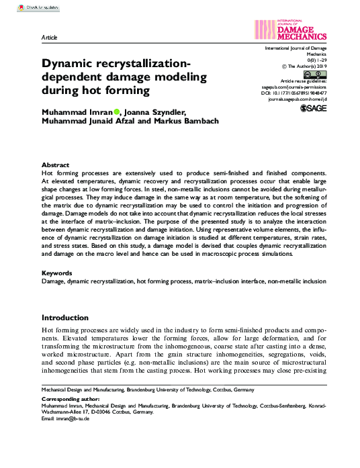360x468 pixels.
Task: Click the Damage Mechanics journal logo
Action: coord(291,29)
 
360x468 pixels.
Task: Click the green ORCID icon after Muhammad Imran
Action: coord(116,111)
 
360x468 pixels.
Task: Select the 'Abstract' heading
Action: coord(55,165)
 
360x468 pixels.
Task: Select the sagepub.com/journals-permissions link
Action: coord(294,87)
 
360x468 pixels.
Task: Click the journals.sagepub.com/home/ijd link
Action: coord(296,99)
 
